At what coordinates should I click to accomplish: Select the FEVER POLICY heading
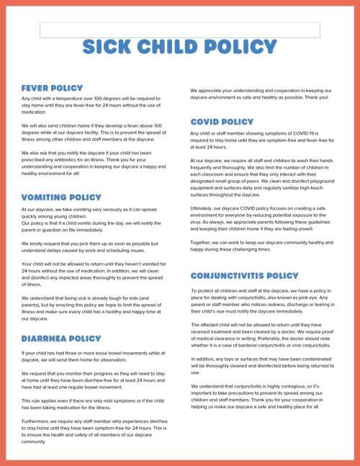click(52, 88)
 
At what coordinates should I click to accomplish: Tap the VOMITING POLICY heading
click(60, 197)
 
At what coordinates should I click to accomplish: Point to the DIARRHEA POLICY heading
click(61, 338)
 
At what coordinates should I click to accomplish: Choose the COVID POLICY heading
click(222, 122)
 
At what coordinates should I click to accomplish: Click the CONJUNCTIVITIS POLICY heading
click(244, 276)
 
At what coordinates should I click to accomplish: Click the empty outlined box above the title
click(179, 30)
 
